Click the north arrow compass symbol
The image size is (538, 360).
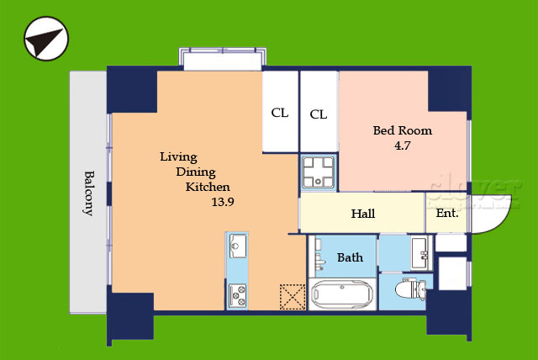click(x=46, y=39)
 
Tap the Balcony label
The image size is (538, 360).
click(x=89, y=193)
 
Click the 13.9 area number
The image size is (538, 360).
click(x=223, y=202)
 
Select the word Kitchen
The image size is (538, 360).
click(x=208, y=187)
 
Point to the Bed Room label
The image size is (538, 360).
click(x=403, y=130)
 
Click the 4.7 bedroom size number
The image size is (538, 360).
click(x=402, y=146)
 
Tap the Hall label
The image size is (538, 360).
click(x=363, y=214)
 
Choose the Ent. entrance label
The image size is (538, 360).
click(x=447, y=213)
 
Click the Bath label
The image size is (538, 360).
click(x=350, y=257)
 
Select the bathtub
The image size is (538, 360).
click(x=342, y=294)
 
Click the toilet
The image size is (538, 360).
click(x=411, y=289)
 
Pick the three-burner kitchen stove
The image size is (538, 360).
click(x=237, y=294)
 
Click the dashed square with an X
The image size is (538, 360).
click(x=293, y=297)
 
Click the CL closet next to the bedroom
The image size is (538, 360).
click(x=319, y=112)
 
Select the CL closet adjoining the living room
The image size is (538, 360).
click(x=280, y=112)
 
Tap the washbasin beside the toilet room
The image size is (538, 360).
click(x=420, y=253)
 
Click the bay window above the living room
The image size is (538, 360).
click(x=223, y=59)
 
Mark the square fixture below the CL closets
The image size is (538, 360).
click(x=319, y=172)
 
